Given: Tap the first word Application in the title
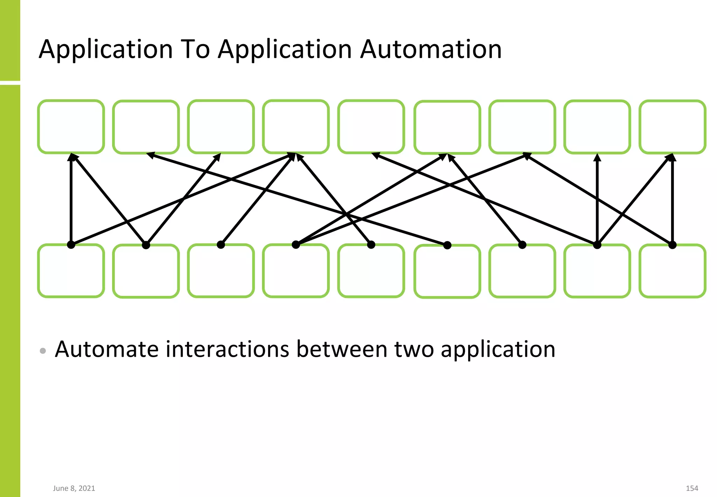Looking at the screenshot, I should [106, 50].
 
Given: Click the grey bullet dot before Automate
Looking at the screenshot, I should [43, 350].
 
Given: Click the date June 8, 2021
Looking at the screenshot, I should [74, 488].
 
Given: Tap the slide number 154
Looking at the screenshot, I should [692, 488].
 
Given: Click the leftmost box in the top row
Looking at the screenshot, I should [71, 127].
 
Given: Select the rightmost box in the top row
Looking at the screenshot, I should [672, 127].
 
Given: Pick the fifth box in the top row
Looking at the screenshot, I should [371, 127].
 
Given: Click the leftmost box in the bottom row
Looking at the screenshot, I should [71, 271].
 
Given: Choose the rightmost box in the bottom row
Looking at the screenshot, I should [672, 271].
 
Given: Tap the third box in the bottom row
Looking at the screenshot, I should [221, 271].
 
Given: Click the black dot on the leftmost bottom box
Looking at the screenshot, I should [71, 245].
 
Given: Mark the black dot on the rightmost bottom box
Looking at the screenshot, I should [672, 245].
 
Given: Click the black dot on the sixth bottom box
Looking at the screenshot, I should [447, 245].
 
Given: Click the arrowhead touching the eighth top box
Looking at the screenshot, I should [597, 157].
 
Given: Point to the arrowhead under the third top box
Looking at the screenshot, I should [218, 157].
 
